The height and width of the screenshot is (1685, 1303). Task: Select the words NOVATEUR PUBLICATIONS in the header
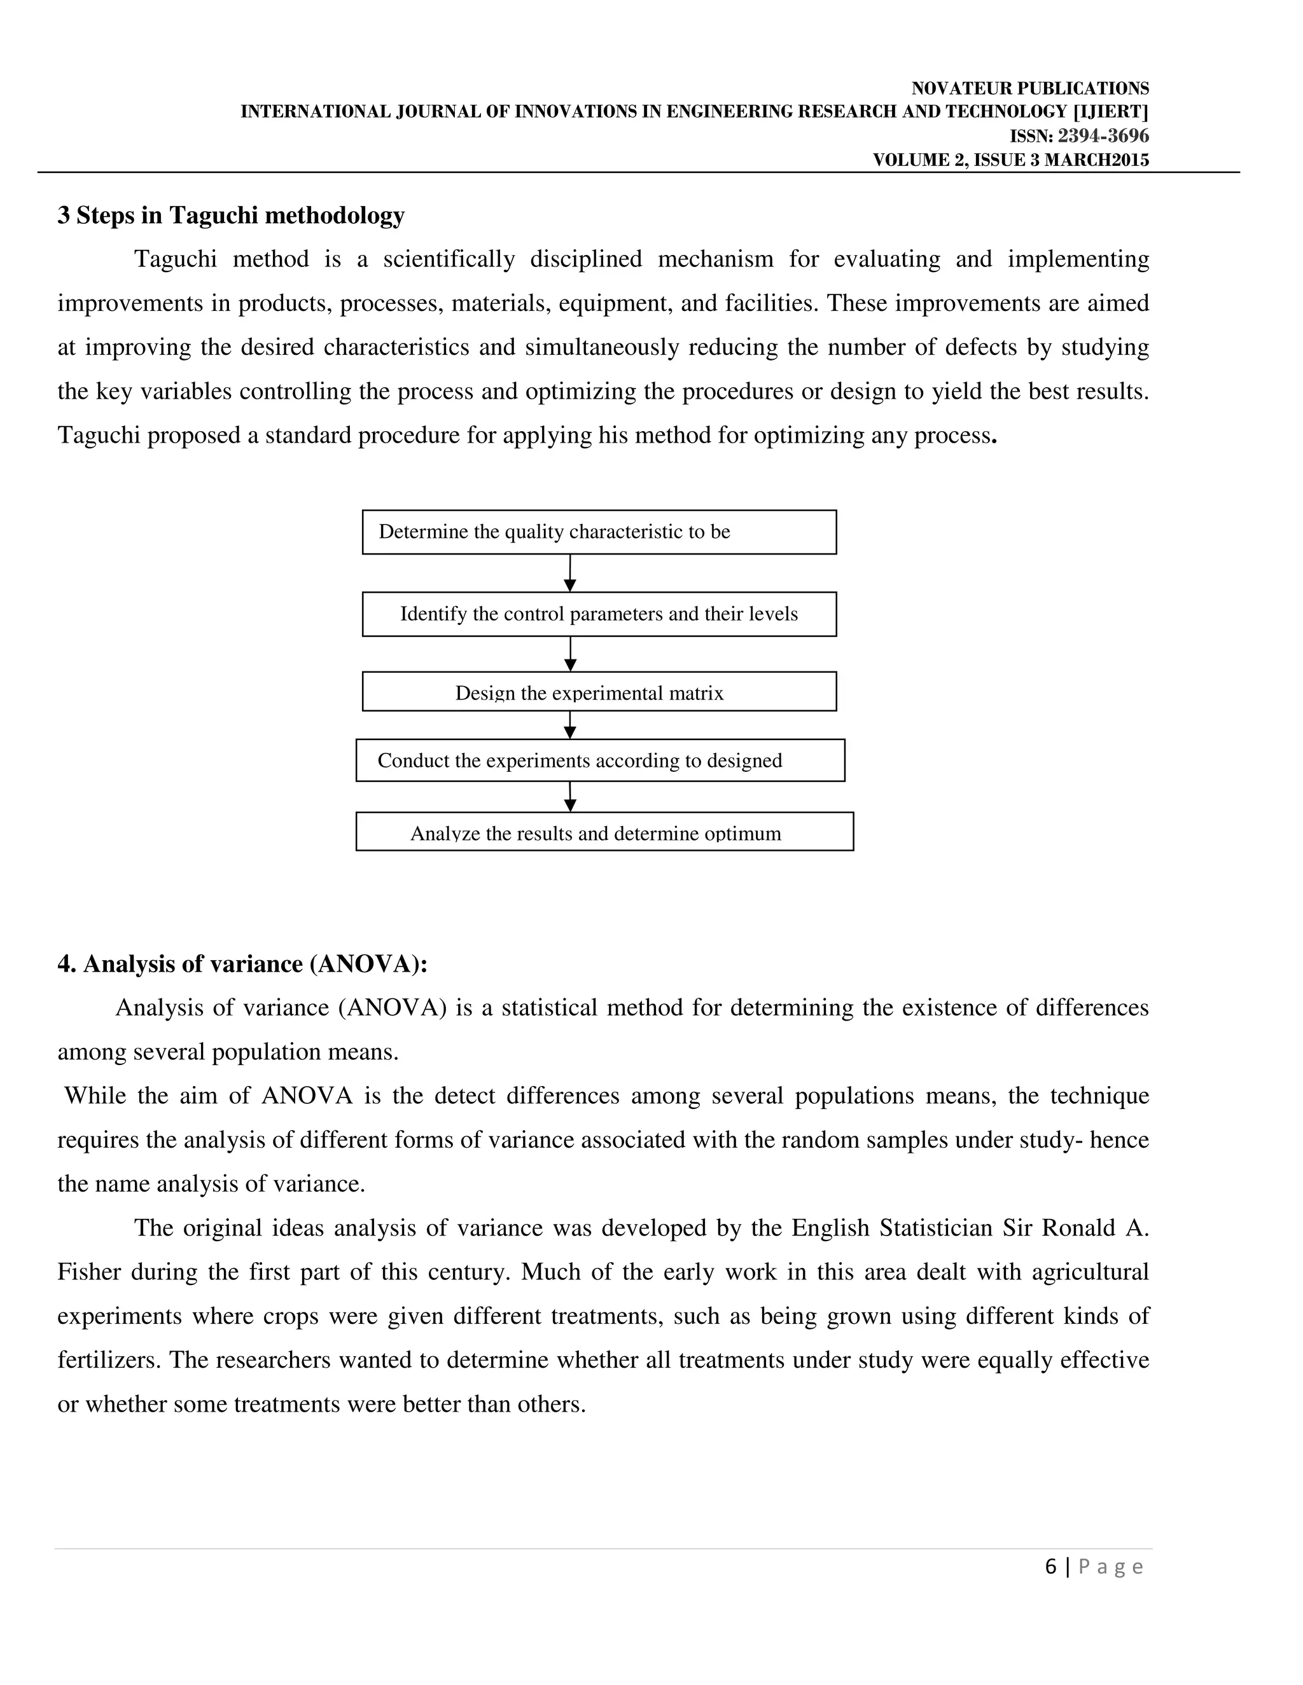pyautogui.click(x=1030, y=89)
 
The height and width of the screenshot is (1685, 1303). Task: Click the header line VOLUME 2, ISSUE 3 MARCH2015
pyautogui.click(x=1010, y=160)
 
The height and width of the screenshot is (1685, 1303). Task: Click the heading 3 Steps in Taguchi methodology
pyautogui.click(x=231, y=216)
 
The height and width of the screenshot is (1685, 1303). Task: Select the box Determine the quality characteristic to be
pyautogui.click(x=599, y=532)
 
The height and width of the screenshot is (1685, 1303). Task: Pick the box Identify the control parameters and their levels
pyautogui.click(x=599, y=614)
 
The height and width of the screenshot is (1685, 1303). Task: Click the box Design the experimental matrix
pyautogui.click(x=599, y=691)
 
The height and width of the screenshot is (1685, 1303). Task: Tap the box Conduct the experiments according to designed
pyautogui.click(x=600, y=760)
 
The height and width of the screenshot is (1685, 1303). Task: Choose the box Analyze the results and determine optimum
pyautogui.click(x=604, y=832)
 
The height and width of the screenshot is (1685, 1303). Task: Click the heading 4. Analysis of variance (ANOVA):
pyautogui.click(x=242, y=965)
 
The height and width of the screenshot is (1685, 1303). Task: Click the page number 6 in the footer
pyautogui.click(x=1050, y=1567)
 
